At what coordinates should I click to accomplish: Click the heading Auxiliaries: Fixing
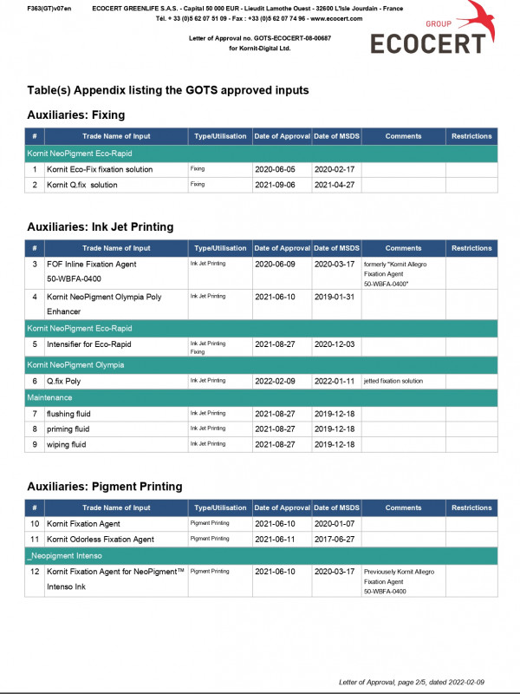point(76,115)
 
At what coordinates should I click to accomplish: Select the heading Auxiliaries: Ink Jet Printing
point(100,226)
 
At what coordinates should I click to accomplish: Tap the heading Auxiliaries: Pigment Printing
point(104,486)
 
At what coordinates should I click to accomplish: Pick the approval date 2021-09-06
point(275,185)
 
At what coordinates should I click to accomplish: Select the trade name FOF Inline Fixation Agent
point(91,264)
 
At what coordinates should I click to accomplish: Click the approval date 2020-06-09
point(275,264)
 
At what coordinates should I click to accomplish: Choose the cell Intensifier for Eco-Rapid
point(88,344)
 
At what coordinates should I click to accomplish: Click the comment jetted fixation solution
point(393,381)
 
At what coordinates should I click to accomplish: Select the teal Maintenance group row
point(260,397)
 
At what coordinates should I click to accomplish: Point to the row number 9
point(35,444)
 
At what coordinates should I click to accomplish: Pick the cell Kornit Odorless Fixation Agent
point(101,540)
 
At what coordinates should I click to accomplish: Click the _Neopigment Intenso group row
point(260,555)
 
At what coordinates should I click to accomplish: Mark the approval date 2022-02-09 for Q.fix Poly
point(275,381)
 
